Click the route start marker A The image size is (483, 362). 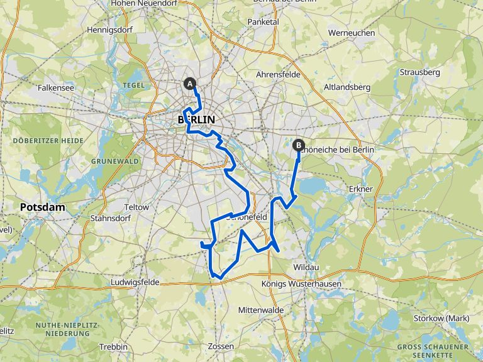[189, 83]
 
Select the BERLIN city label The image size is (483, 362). [196, 119]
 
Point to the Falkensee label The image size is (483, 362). [56, 89]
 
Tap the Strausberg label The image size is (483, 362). [419, 72]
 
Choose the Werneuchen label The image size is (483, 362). [352, 33]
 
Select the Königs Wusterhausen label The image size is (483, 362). [301, 284]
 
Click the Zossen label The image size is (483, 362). [220, 346]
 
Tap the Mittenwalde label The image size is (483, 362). [261, 310]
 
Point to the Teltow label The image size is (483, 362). [137, 207]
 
